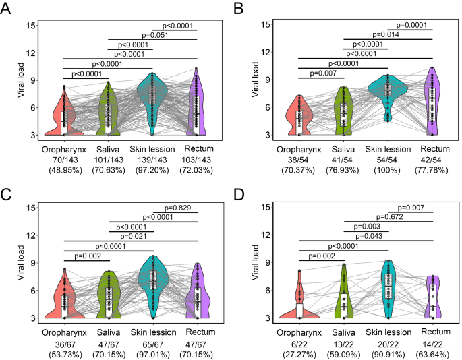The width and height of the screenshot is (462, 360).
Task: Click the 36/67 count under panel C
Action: coord(63,340)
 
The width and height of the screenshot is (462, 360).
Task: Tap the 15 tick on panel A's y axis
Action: coord(31,25)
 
